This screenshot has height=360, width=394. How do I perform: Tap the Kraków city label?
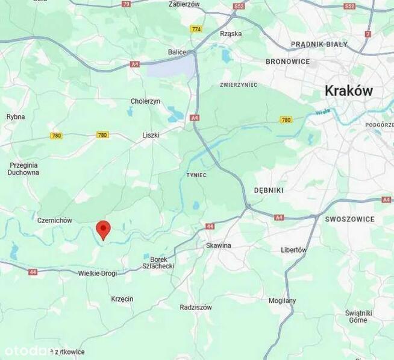pos(348,91)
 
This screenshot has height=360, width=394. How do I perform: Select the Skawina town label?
pos(218,245)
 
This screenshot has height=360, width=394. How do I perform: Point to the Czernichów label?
pos(55,221)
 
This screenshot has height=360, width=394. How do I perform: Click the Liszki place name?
pos(151,135)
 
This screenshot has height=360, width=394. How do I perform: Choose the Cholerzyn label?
pos(145,101)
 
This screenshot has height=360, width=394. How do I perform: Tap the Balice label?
pos(177,52)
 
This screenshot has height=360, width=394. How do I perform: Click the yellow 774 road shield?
pos(196,29)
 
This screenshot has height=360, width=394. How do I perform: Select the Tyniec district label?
pos(196,175)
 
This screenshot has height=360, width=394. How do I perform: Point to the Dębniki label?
pos(269,190)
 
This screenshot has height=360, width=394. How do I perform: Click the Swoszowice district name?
pos(349,219)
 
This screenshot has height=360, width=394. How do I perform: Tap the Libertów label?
pos(294,250)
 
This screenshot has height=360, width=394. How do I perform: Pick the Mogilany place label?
pos(282,300)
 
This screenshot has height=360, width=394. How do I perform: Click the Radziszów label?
pos(196,307)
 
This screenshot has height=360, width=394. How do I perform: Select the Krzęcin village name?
pos(122,299)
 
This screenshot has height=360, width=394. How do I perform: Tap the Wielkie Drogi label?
pos(98,273)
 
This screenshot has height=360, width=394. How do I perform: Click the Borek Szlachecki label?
pos(158,262)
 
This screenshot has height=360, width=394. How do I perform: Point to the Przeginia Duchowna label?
pos(23,168)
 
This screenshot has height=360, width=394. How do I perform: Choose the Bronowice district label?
pos(287,62)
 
